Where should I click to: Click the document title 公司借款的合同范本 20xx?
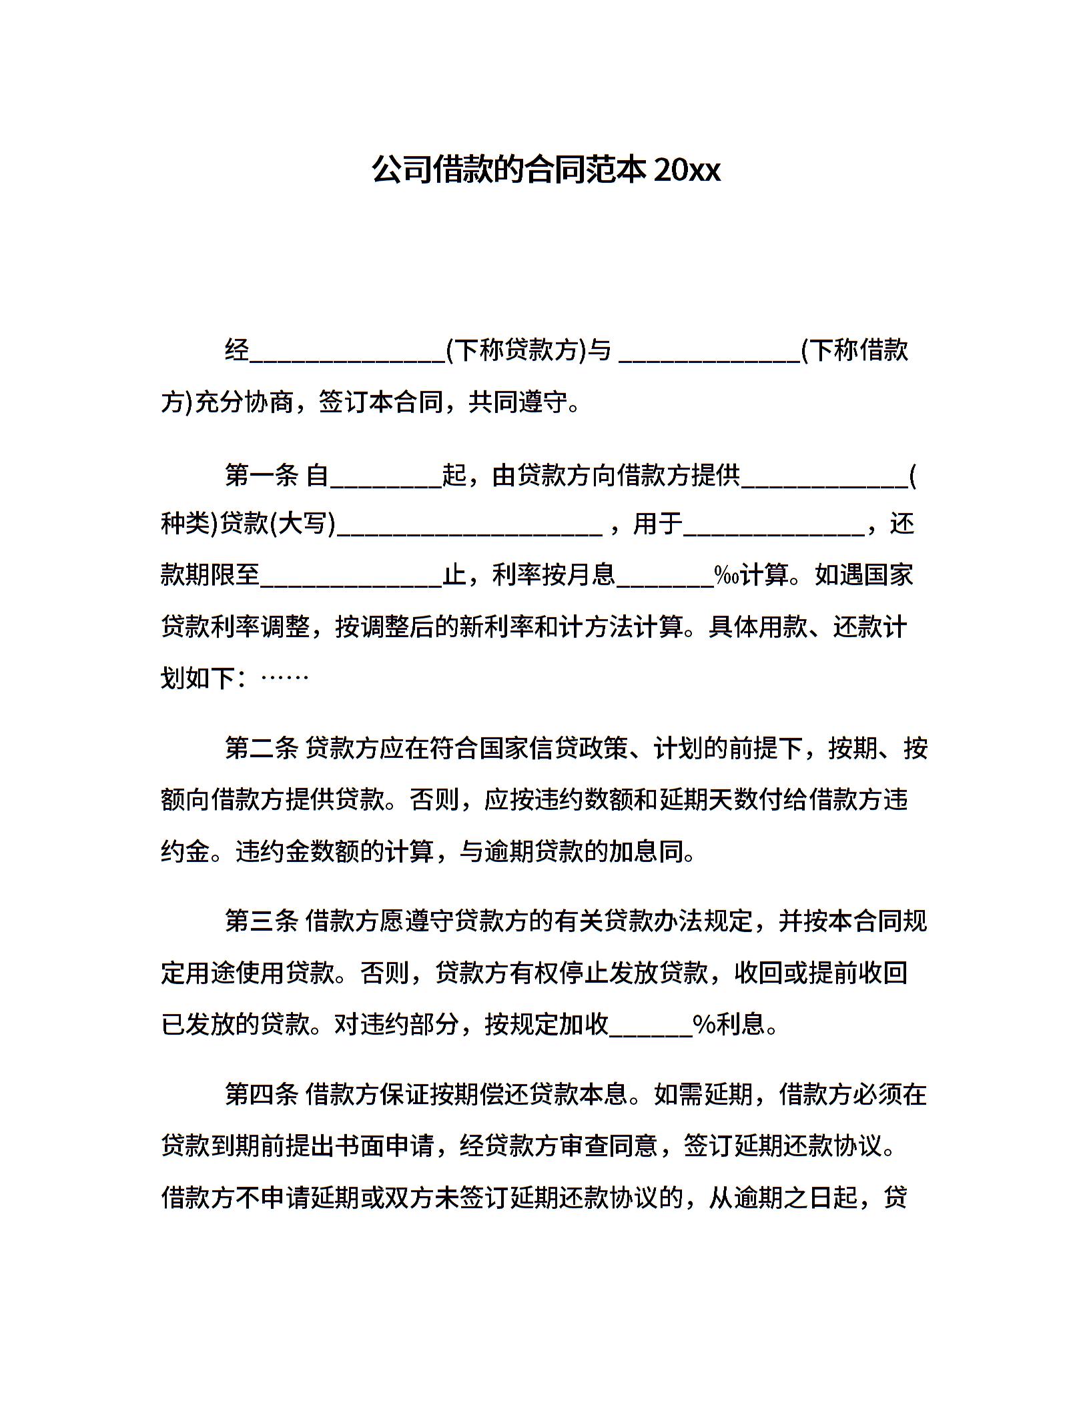pyautogui.click(x=546, y=170)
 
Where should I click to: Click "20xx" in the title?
pyautogui.click(x=687, y=171)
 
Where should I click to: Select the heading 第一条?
pyautogui.click(x=262, y=475)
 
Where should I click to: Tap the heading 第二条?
pyautogui.click(x=262, y=749)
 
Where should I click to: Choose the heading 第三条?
pyautogui.click(x=262, y=921)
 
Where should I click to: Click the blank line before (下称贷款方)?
pyautogui.click(x=347, y=354)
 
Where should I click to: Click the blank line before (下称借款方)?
pyautogui.click(x=709, y=354)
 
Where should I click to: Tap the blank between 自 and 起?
pyautogui.click(x=386, y=479)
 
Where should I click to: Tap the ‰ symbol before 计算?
pyautogui.click(x=726, y=575)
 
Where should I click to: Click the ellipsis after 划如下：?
pyautogui.click(x=285, y=678)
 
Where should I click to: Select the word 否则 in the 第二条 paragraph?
pyautogui.click(x=434, y=799)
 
